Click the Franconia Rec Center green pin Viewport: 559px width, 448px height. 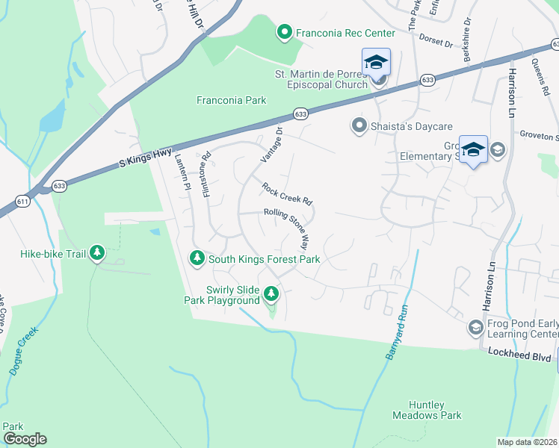pos(284,32)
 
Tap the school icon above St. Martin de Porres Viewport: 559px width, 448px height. pos(376,62)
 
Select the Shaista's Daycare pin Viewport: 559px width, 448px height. pos(359,125)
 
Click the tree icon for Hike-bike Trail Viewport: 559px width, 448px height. pos(96,254)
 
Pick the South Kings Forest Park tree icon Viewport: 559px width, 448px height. pos(197,258)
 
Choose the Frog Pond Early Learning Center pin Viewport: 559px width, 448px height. pos(475,327)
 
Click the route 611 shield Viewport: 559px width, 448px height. pos(24,202)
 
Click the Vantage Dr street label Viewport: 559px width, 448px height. pos(272,143)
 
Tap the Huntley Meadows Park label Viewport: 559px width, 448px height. pos(427,409)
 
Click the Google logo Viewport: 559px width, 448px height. pos(24,439)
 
